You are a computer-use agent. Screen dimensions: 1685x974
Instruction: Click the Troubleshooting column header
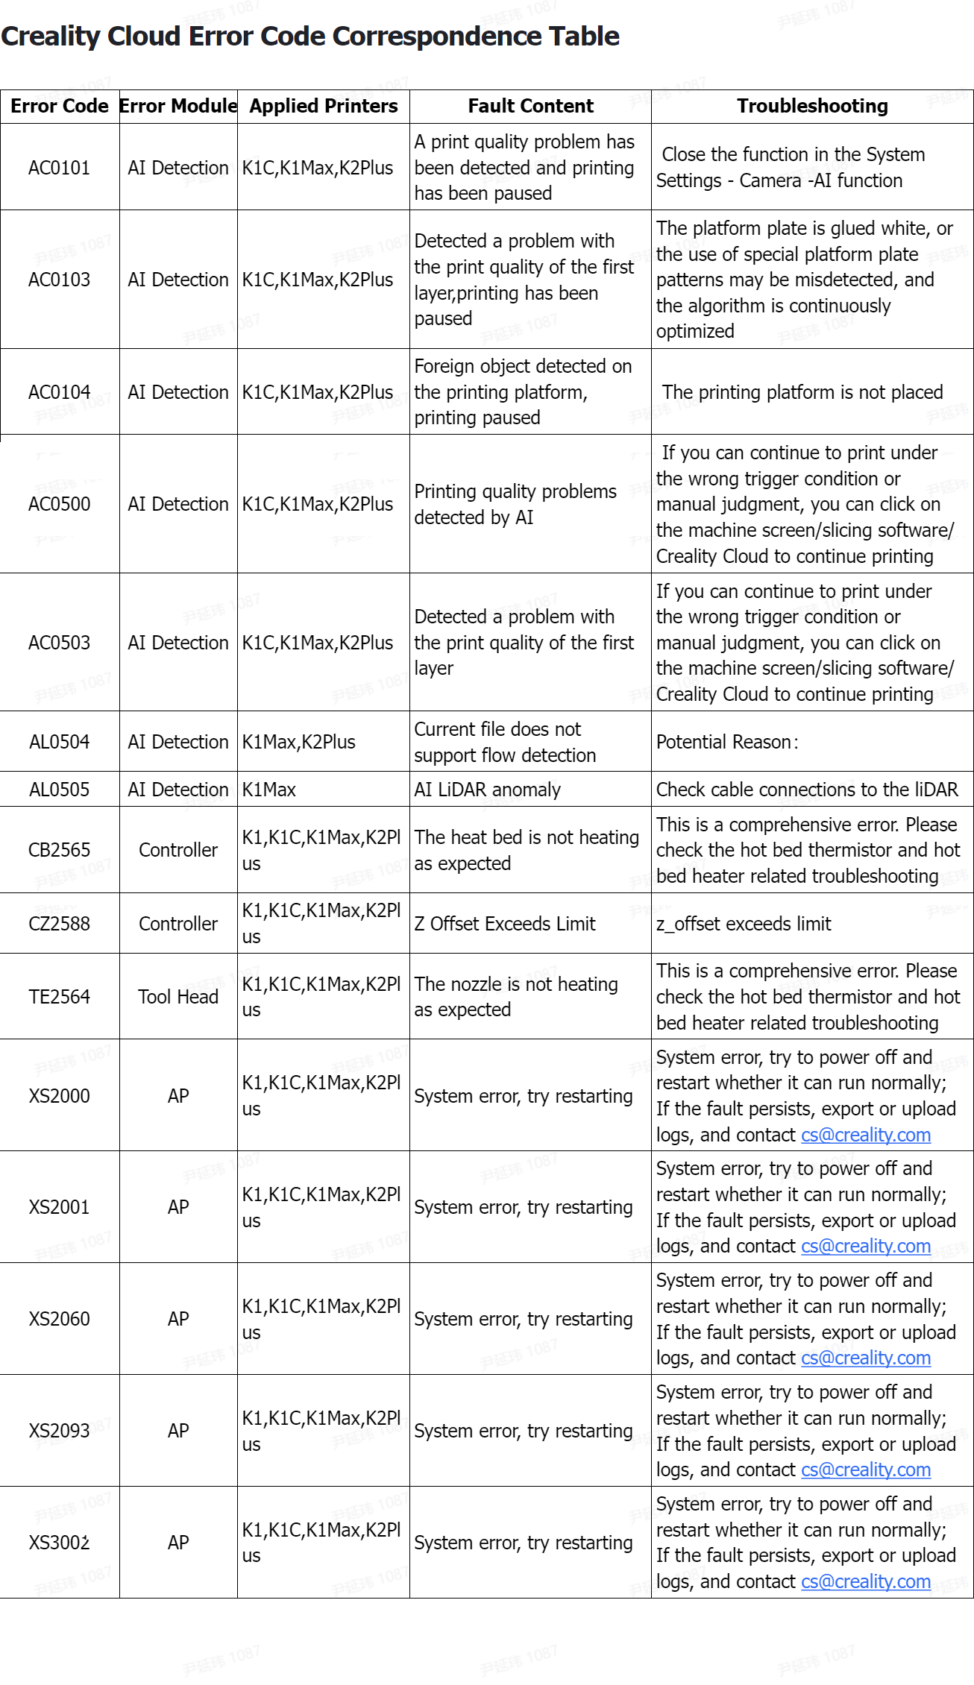click(x=812, y=106)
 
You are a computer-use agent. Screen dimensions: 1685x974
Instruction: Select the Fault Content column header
click(x=530, y=106)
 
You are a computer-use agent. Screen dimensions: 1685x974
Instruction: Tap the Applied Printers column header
click(x=323, y=106)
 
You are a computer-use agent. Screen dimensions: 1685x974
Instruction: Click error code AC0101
click(x=59, y=168)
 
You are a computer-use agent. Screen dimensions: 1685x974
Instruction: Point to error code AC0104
click(x=59, y=392)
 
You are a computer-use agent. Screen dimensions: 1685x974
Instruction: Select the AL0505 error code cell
click(x=59, y=790)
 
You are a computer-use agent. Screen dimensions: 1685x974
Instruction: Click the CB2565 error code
click(x=59, y=850)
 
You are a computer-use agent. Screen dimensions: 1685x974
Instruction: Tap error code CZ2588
click(x=59, y=924)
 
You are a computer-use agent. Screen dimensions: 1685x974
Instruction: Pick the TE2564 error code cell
click(x=59, y=997)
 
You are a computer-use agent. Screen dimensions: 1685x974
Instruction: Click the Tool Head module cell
click(x=177, y=997)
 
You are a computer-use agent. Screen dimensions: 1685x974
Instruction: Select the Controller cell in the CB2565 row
click(x=177, y=850)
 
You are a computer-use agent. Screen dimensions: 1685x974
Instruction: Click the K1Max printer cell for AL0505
click(x=269, y=790)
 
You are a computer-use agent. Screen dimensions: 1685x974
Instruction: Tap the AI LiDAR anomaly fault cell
click(x=487, y=790)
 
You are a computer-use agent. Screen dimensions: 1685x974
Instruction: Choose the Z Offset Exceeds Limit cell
click(x=505, y=924)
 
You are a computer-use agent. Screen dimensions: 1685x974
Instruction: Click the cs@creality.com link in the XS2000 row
click(x=865, y=1135)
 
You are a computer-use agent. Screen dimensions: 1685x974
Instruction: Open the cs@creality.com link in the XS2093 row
click(x=865, y=1470)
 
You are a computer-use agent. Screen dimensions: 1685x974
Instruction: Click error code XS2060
click(x=59, y=1319)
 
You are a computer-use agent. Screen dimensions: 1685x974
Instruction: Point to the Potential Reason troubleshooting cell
click(x=727, y=742)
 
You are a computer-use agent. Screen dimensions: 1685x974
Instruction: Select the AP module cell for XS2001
click(x=177, y=1207)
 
